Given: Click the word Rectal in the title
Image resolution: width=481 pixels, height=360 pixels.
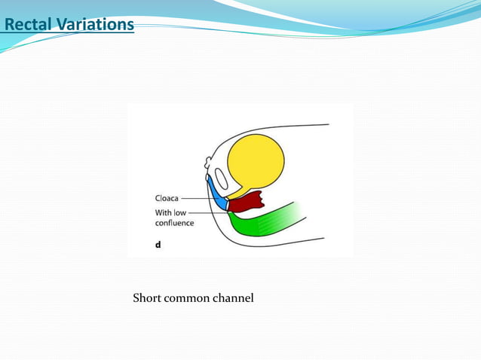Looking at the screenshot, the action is tap(28, 25).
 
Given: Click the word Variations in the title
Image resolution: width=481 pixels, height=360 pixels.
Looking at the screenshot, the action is tap(95, 25).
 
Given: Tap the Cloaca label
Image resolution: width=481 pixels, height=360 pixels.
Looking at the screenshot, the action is tap(167, 198).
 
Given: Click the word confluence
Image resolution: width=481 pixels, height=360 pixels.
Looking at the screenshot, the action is tap(174, 223).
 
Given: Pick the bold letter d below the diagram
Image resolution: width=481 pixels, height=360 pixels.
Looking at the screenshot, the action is tap(158, 245).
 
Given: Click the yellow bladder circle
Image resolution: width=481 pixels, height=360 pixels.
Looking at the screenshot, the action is tap(256, 161).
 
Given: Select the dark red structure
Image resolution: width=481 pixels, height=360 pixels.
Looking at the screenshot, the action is tap(246, 202).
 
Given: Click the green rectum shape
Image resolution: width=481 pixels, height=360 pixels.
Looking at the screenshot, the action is tap(264, 220).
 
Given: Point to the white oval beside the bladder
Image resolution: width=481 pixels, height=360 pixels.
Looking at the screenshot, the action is tap(222, 178).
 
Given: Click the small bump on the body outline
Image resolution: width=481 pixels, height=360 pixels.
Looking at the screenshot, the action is tap(208, 162).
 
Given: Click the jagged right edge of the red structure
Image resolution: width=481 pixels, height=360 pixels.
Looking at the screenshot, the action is tap(262, 200).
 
